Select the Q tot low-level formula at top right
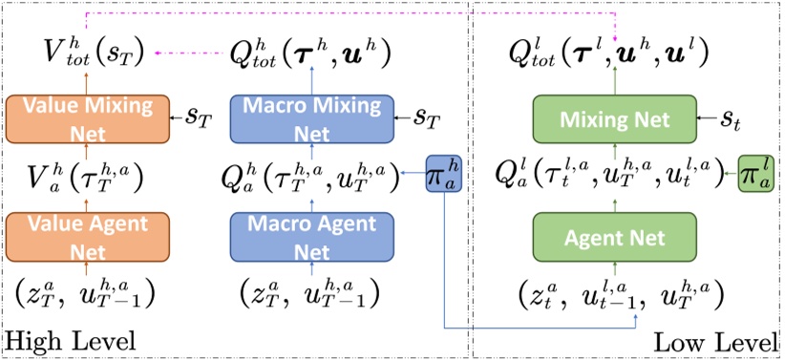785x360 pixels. tap(609, 52)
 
